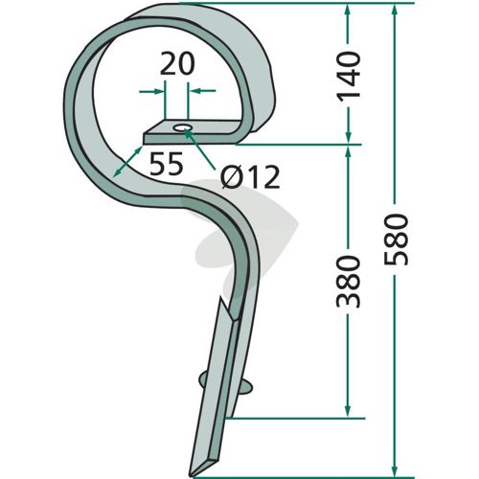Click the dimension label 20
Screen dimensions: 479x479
[177, 64]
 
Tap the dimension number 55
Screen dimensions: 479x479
[167, 164]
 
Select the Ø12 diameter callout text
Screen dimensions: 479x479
[251, 177]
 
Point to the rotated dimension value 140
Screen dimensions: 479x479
[349, 77]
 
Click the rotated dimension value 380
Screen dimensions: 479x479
[349, 282]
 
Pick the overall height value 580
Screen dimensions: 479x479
[397, 239]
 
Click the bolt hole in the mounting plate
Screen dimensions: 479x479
[182, 128]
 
